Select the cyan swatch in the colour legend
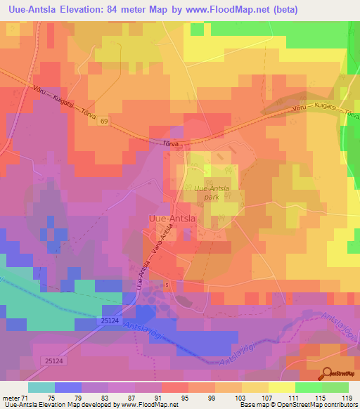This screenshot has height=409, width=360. pos(40,387)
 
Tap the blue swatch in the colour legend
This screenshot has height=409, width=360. pos(67,387)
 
